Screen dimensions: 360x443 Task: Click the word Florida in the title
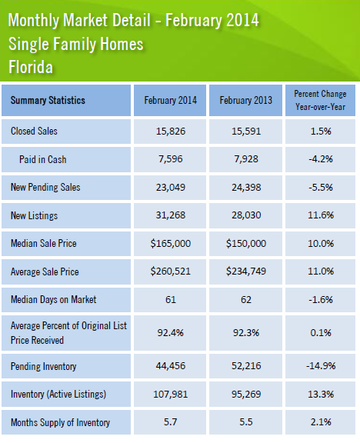click(31, 67)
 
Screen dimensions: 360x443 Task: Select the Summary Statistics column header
click(48, 100)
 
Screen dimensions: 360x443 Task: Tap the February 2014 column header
click(171, 100)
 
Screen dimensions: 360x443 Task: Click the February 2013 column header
click(246, 100)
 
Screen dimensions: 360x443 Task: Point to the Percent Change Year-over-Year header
click(320, 100)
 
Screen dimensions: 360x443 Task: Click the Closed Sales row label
click(34, 131)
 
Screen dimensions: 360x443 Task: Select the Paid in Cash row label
click(42, 159)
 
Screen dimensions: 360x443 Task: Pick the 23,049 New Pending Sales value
click(171, 188)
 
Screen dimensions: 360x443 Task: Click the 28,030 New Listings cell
click(246, 215)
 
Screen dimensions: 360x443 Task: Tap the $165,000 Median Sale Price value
click(171, 243)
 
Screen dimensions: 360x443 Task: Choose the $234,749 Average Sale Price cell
click(246, 271)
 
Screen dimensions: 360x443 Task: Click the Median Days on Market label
click(53, 299)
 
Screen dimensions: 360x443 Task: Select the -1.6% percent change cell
click(321, 299)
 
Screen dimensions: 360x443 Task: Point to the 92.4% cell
click(171, 333)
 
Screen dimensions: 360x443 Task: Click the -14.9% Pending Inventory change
click(321, 366)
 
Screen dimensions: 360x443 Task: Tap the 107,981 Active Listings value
click(171, 394)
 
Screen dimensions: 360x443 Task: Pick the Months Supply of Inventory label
click(60, 422)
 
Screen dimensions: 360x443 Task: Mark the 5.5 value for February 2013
click(246, 422)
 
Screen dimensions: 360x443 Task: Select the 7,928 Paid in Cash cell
click(246, 159)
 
